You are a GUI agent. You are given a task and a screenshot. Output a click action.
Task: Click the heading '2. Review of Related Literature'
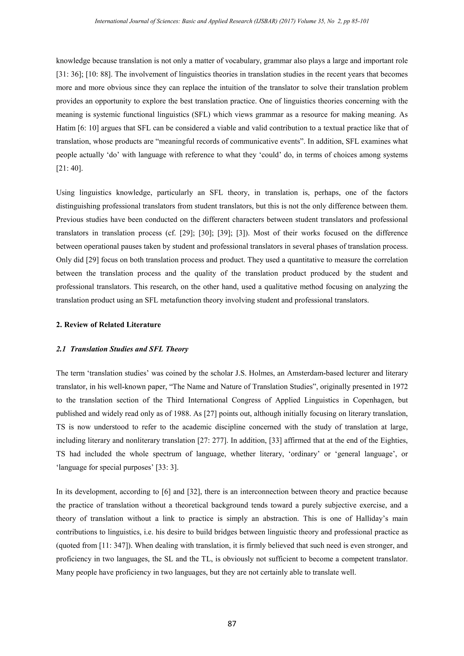108,325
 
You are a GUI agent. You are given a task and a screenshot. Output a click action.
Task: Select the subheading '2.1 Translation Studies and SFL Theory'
122,349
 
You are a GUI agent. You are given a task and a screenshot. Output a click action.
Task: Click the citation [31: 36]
68,74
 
